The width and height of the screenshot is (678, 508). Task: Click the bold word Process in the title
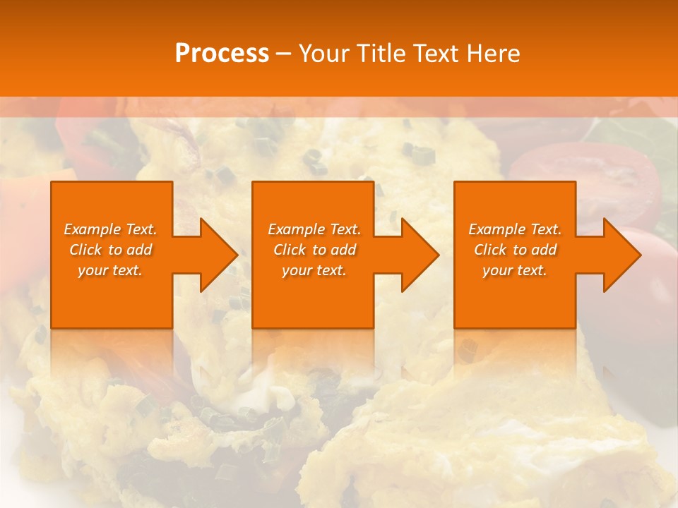click(x=222, y=54)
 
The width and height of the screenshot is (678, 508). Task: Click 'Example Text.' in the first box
click(x=110, y=229)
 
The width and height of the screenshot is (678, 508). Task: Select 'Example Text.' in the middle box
click(x=314, y=229)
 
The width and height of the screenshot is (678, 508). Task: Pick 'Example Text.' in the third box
click(x=515, y=229)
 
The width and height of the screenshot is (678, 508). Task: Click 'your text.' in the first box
click(x=110, y=270)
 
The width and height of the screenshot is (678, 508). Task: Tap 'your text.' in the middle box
click(x=314, y=270)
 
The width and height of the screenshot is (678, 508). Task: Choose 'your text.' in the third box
click(x=515, y=270)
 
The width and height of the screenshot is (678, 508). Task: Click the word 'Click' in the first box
click(x=85, y=250)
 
